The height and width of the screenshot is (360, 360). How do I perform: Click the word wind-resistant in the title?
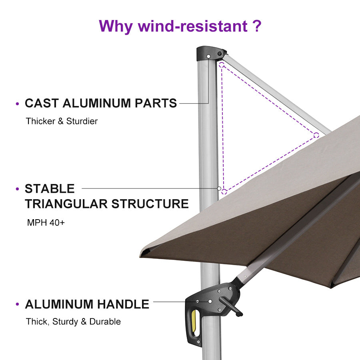(192, 26)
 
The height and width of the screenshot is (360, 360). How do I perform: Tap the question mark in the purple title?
(257, 26)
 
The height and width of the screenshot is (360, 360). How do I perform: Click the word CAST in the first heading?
(42, 103)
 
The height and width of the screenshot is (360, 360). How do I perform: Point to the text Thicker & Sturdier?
(62, 121)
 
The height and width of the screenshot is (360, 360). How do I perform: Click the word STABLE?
(50, 188)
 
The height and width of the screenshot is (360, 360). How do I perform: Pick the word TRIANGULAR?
(66, 204)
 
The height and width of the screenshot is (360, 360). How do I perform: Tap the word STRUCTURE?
(150, 204)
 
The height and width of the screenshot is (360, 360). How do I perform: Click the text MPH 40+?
(46, 222)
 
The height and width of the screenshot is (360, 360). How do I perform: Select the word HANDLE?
(124, 304)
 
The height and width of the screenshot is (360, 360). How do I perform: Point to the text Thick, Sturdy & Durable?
(73, 322)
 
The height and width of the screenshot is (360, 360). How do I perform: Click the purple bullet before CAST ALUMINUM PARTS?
(17, 104)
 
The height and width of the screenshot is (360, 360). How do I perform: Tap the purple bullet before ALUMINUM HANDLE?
(17, 305)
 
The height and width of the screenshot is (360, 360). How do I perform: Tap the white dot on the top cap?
(208, 56)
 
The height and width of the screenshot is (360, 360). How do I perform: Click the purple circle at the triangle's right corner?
(316, 135)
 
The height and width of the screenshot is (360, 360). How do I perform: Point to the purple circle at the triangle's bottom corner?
(224, 192)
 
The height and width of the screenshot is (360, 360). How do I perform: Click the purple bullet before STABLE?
(17, 189)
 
